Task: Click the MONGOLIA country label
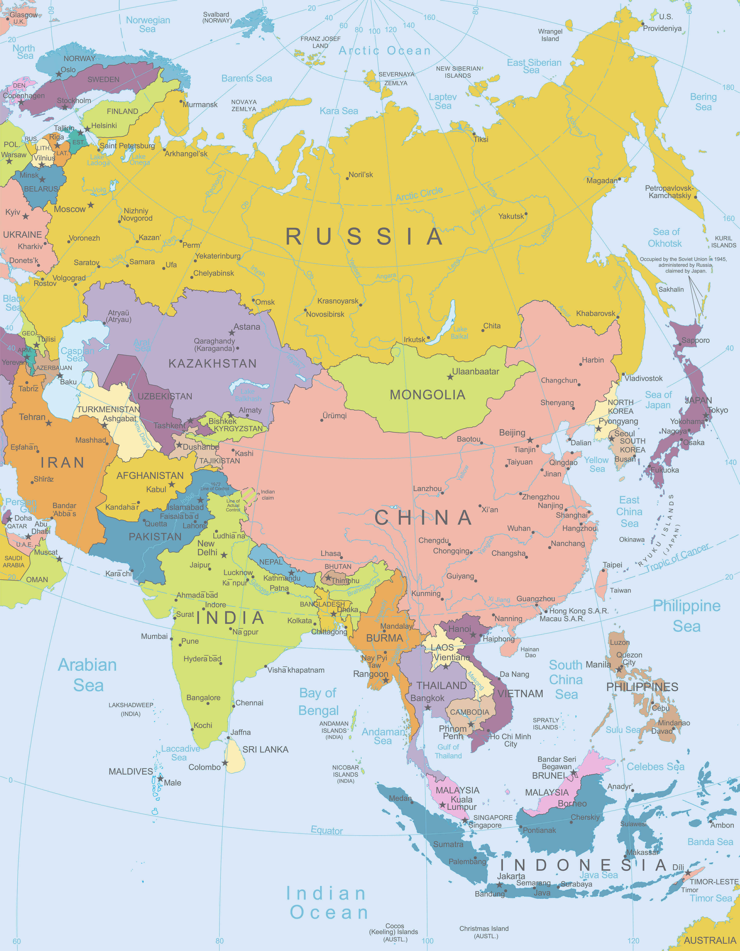tap(427, 395)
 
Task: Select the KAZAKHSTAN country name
tap(212, 363)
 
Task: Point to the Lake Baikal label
tap(459, 333)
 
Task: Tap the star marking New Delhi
tap(224, 555)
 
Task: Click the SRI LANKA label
tap(265, 749)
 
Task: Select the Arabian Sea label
tap(88, 675)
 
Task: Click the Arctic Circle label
tap(419, 194)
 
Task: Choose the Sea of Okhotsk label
tap(666, 238)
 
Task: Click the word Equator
tap(327, 830)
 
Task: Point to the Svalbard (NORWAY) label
tap(217, 17)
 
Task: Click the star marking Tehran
tap(49, 423)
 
